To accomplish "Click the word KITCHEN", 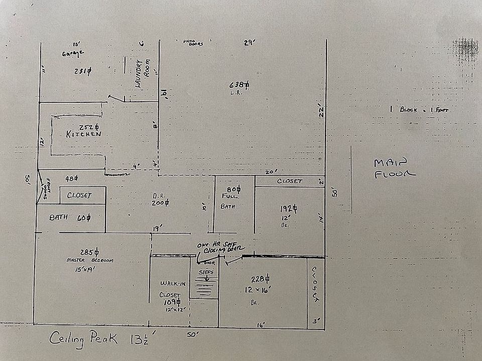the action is pos(84,134).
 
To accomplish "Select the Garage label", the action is pos(73,53).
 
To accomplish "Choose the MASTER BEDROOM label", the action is pos(90,260).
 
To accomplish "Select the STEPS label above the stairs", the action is pos(206,272).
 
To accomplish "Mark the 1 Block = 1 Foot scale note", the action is pos(419,109).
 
